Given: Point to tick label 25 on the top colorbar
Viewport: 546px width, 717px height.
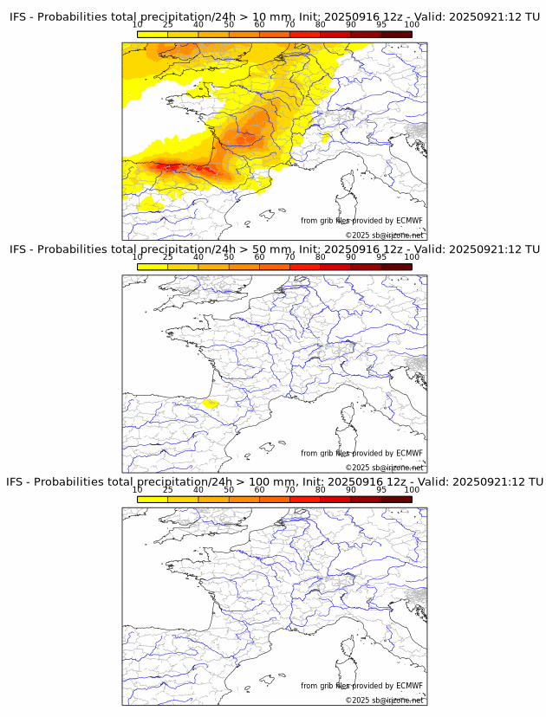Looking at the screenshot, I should coord(168,24).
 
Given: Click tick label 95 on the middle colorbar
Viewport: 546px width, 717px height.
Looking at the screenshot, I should coord(381,257).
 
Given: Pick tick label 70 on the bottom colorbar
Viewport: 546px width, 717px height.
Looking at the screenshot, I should coord(289,490).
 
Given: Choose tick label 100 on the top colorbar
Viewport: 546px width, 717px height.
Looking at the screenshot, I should coord(412,24).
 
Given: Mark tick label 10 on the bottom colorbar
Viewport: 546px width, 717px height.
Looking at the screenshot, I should coord(138,490).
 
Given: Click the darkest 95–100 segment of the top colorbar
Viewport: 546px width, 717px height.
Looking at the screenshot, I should coord(396,35).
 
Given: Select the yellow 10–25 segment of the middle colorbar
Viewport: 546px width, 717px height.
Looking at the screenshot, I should coord(153,267).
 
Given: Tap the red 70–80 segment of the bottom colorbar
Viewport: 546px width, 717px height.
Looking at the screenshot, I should coord(304,500).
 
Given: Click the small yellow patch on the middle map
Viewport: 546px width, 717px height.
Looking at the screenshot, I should coord(209,403).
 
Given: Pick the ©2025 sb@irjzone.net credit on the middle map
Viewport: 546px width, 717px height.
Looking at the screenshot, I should coord(384,468).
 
